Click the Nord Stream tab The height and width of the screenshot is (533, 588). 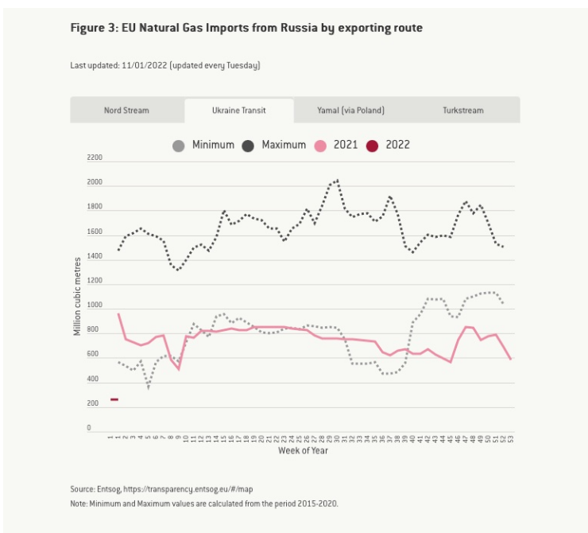(126, 110)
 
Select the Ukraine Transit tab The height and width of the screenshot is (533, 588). (238, 110)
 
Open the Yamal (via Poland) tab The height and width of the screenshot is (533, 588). (350, 110)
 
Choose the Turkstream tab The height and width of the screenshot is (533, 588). (463, 110)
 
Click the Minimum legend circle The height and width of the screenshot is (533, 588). (179, 146)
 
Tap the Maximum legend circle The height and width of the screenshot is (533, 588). (248, 146)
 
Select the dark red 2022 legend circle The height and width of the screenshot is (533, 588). (372, 146)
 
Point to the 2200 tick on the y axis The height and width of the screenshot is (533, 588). (95, 158)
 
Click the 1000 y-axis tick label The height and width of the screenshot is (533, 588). (95, 305)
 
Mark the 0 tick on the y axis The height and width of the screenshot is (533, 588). (100, 428)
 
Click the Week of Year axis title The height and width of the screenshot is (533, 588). (303, 451)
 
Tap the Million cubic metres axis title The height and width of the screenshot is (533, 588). (78, 295)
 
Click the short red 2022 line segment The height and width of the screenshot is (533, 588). (114, 399)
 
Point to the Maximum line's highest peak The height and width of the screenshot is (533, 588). (338, 181)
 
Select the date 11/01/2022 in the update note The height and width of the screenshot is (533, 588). (144, 65)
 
